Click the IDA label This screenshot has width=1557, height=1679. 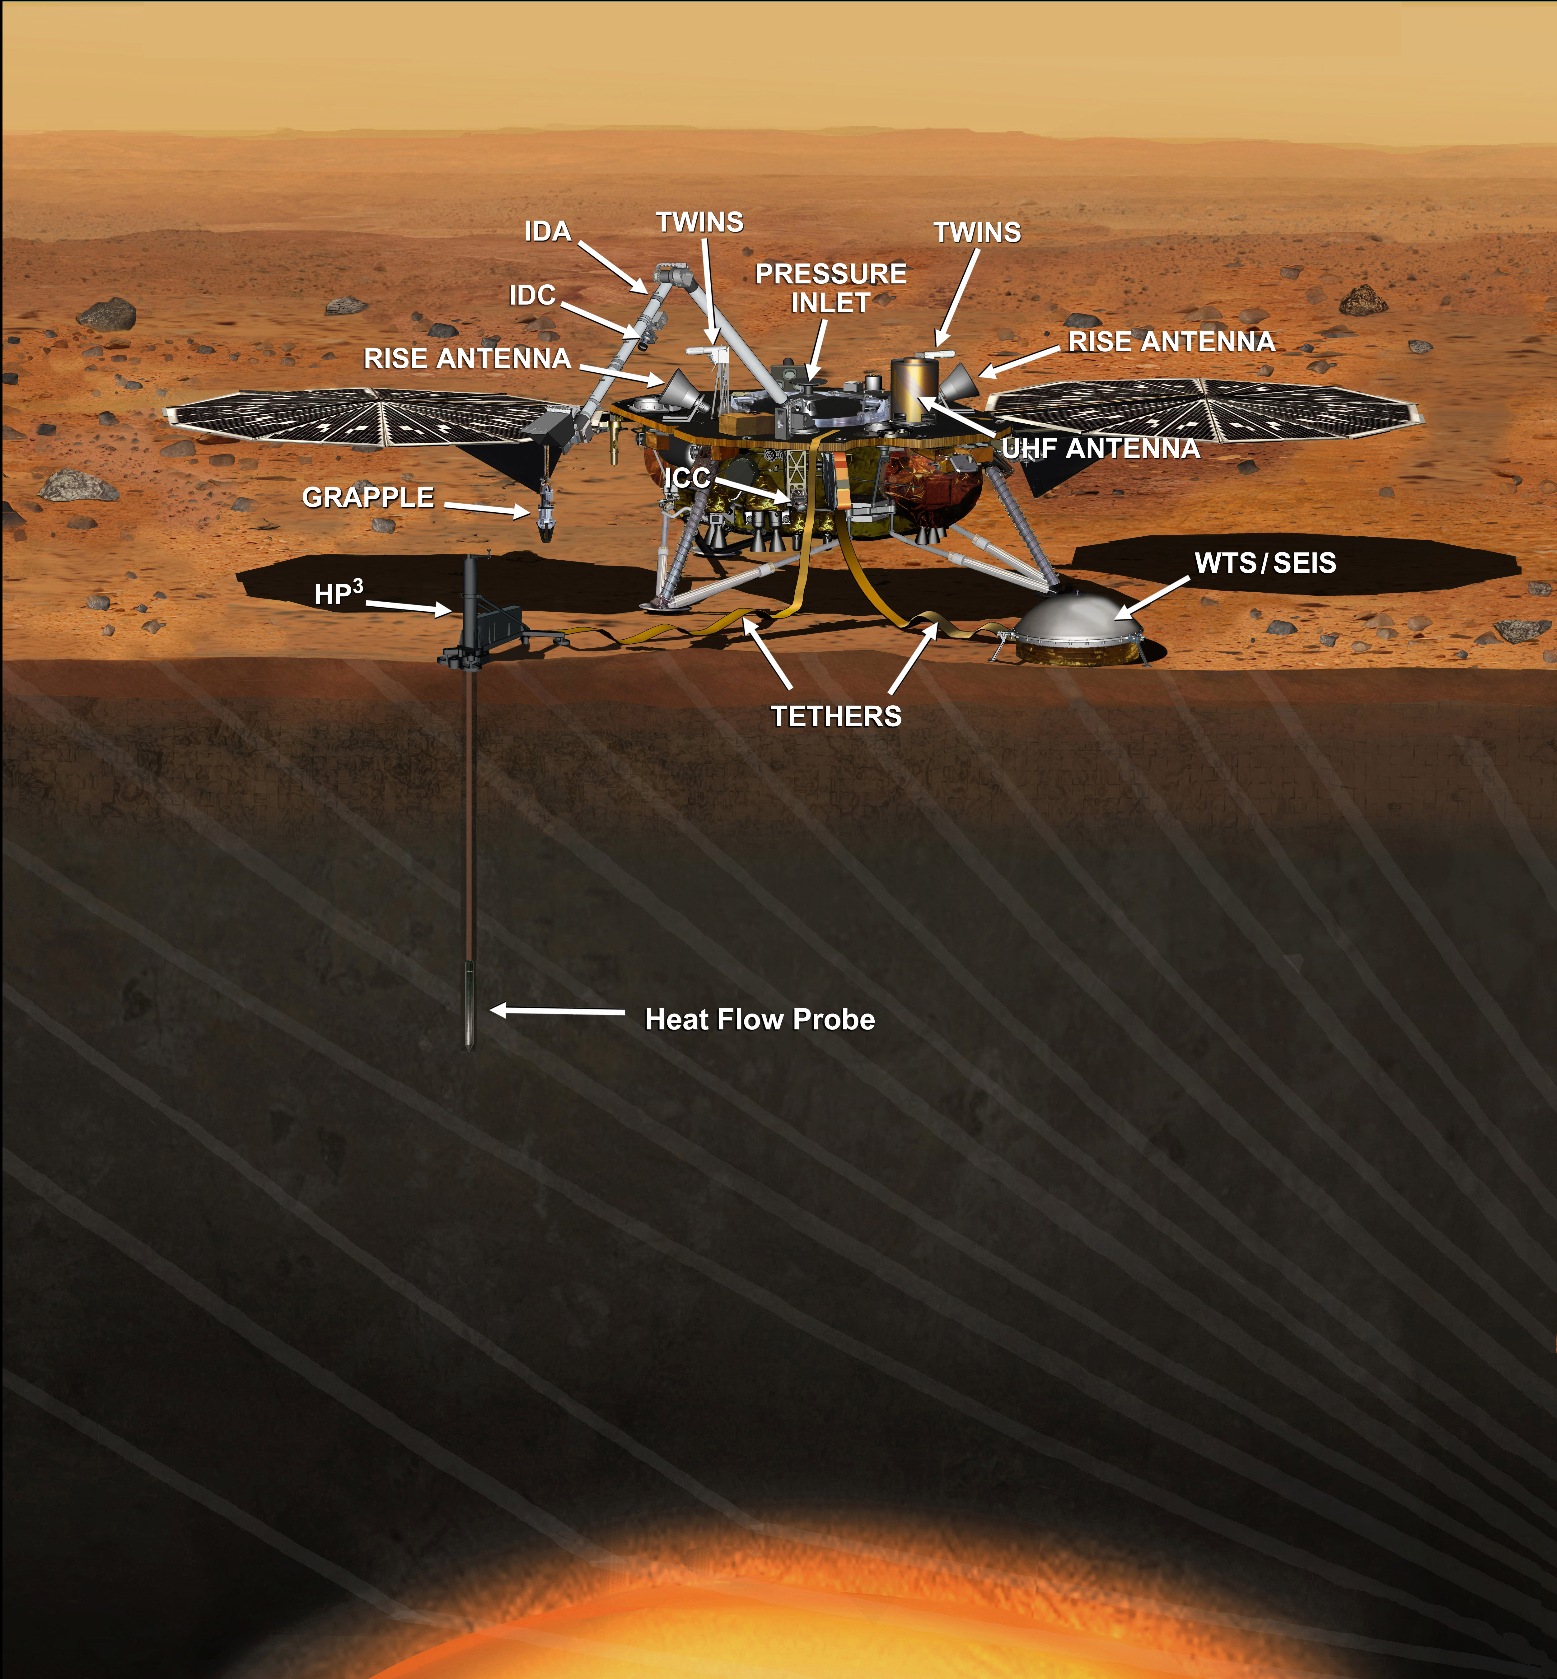tap(548, 232)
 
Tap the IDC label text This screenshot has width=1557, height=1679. tap(532, 296)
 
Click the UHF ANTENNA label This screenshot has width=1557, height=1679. tap(1100, 448)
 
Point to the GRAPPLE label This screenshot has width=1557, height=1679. tap(368, 498)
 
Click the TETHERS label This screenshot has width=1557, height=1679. tap(837, 716)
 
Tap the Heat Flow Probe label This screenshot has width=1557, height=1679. tap(760, 1019)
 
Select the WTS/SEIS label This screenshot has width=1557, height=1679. tap(1265, 563)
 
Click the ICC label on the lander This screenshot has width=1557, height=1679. tap(688, 478)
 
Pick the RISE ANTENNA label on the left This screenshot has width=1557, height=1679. tap(468, 359)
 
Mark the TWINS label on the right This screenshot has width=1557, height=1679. tap(977, 232)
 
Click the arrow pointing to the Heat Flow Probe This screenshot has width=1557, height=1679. tap(558, 1011)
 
